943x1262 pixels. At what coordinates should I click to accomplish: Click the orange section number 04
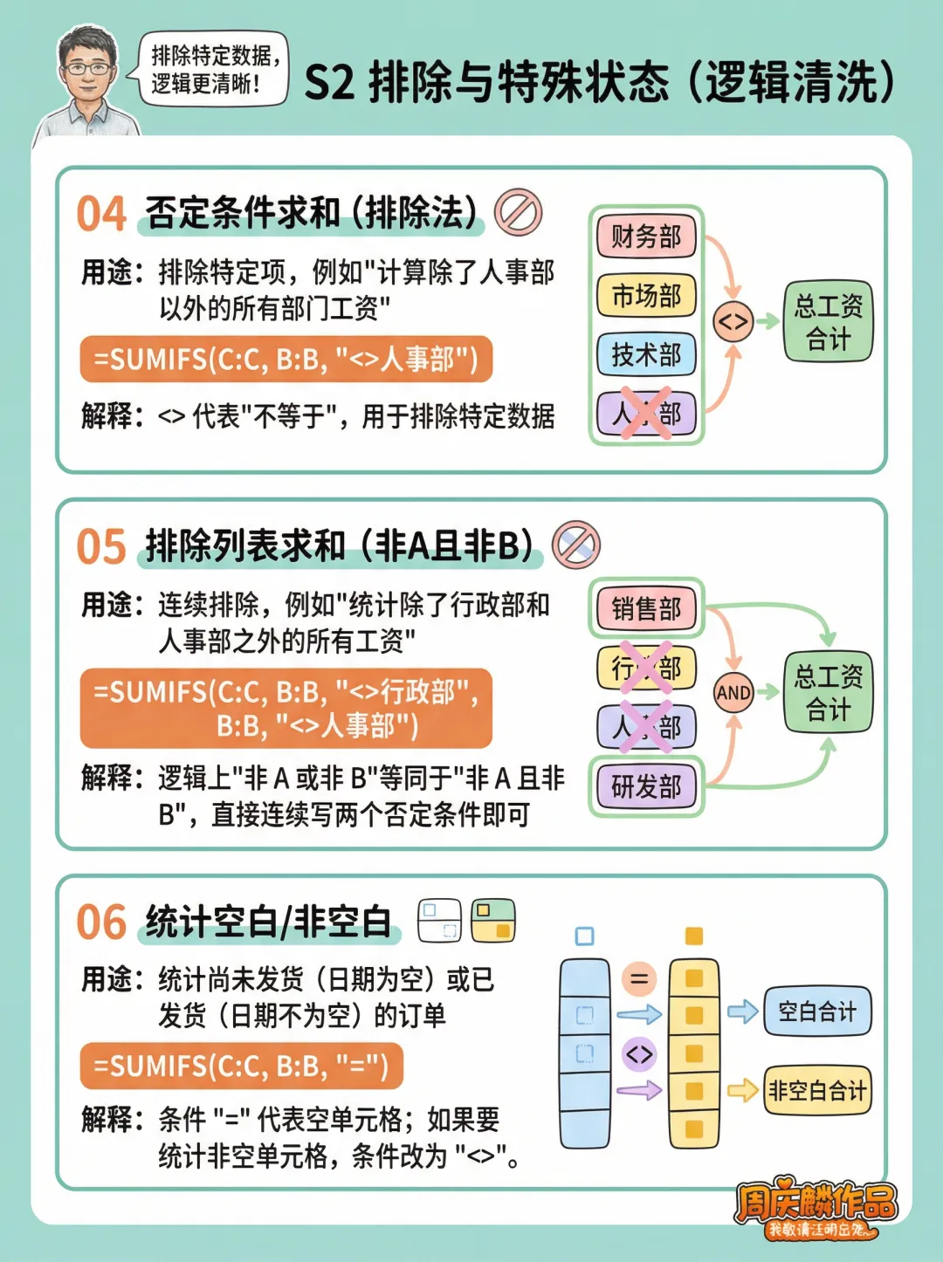coord(101,214)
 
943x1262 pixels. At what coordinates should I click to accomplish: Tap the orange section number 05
coord(101,547)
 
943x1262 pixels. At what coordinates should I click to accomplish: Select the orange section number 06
coord(101,922)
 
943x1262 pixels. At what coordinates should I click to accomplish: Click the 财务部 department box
coord(646,237)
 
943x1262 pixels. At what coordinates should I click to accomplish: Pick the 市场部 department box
coord(646,296)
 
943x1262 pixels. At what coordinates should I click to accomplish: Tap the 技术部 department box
coord(646,354)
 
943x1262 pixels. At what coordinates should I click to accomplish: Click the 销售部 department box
coord(646,608)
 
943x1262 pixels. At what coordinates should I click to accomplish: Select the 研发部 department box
coord(646,786)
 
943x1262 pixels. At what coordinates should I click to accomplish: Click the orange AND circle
coord(733,693)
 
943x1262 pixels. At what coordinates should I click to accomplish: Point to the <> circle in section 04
coord(733,322)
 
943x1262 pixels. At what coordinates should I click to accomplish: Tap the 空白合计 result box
coord(817,1012)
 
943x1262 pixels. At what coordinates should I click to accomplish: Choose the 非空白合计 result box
coord(817,1090)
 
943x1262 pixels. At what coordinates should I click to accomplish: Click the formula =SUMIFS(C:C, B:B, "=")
coord(241,1066)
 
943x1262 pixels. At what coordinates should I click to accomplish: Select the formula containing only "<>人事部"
coord(286,360)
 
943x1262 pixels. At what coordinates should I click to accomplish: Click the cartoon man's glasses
coord(87,68)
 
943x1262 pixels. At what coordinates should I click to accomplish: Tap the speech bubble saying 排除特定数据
coord(214,69)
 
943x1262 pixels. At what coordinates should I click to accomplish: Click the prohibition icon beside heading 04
coord(518,213)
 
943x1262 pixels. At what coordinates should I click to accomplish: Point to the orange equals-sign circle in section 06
coord(639,978)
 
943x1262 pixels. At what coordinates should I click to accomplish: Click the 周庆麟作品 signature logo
coord(815,1206)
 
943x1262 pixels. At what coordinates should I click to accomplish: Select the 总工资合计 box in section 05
coord(828,692)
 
